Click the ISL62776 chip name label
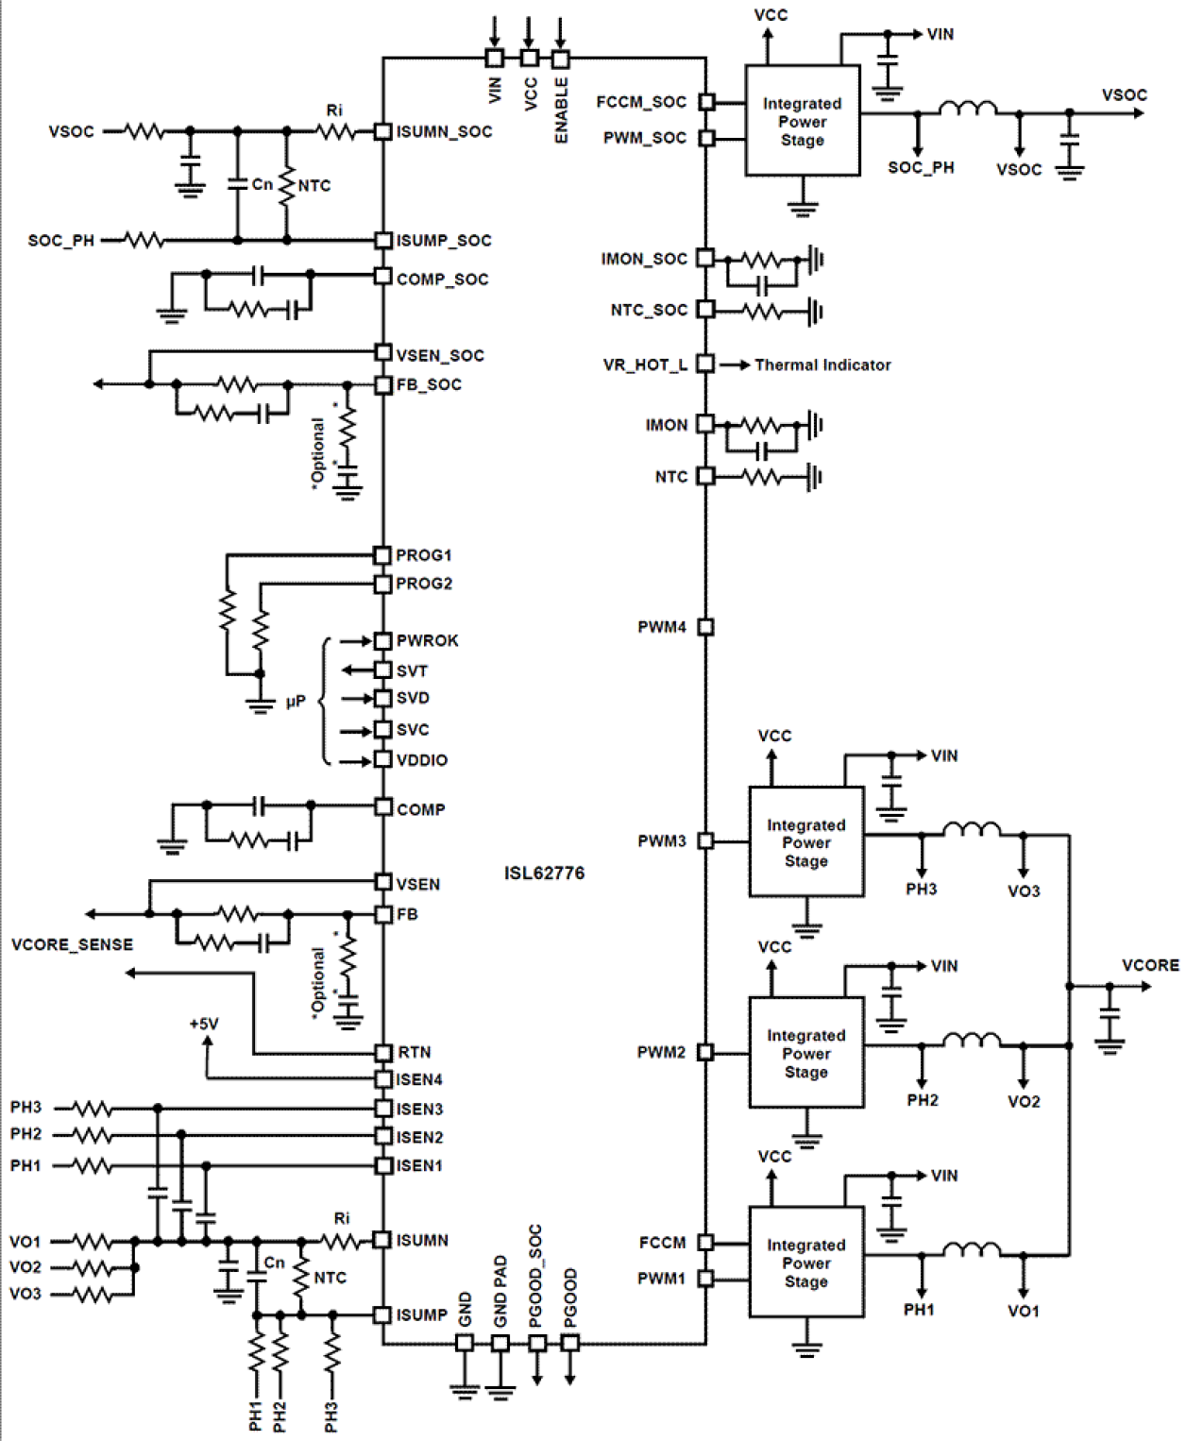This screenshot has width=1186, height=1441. tap(544, 873)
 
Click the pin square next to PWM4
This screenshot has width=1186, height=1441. tap(705, 627)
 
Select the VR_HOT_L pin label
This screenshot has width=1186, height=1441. tap(645, 364)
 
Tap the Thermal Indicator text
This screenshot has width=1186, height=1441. tap(822, 364)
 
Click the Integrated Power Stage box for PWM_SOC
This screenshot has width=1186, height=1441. tap(802, 121)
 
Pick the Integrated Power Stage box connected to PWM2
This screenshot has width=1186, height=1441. tap(805, 1053)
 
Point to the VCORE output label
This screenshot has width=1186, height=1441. tap(1149, 965)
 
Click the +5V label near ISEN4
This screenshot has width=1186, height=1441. tap(204, 1024)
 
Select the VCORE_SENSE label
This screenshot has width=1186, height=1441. tap(72, 944)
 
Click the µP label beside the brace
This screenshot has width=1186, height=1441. tap(296, 702)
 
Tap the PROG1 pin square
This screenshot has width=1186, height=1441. tap(382, 555)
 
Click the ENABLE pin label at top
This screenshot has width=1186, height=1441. tap(561, 110)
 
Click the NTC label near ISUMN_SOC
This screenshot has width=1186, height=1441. tap(314, 186)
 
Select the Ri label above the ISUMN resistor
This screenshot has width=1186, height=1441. tap(341, 1218)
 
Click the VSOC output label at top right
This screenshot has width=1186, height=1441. tap(1124, 94)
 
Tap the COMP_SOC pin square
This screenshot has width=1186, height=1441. tap(382, 276)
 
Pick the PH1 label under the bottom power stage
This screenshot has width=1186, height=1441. tap(918, 1310)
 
